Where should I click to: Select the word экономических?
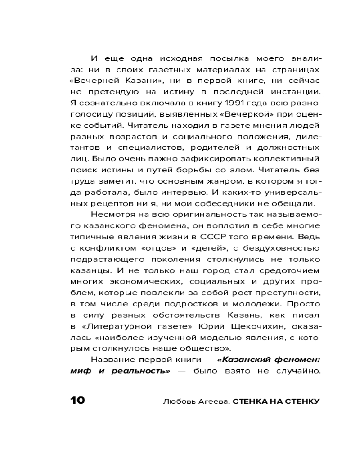click(149, 281)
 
